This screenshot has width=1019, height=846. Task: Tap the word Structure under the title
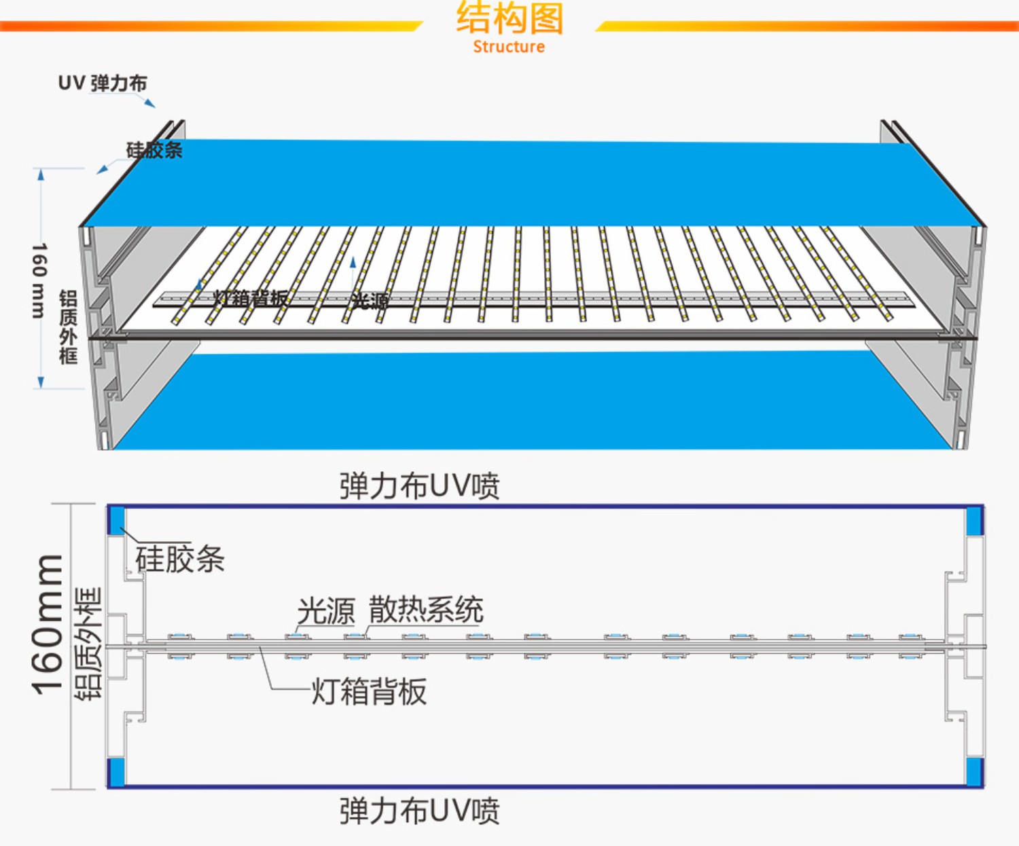tap(509, 47)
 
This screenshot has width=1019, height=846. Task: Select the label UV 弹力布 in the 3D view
tap(103, 84)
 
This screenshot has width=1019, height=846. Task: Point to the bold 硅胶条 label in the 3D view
tap(154, 150)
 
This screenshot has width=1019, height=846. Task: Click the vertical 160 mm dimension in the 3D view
tap(39, 280)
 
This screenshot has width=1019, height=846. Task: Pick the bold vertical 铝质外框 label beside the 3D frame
tap(68, 327)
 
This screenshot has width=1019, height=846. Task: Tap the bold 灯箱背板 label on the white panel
tap(251, 297)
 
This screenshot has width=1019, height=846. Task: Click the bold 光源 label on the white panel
tap(370, 301)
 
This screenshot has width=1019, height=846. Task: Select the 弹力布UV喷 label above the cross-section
tap(419, 486)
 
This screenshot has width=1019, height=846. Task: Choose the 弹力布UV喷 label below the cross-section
tap(419, 811)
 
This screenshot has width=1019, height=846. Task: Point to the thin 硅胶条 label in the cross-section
tap(180, 559)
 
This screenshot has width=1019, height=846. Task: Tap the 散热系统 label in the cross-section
tap(426, 609)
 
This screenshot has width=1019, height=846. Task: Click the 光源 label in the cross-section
tap(326, 610)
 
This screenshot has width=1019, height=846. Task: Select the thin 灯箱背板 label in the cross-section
tap(369, 692)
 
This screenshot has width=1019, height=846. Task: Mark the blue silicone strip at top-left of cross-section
tap(116, 519)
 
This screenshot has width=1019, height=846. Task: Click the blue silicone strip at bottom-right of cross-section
tap(975, 771)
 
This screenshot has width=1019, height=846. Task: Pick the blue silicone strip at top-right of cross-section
tap(975, 520)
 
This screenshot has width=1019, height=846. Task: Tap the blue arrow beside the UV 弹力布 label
tap(149, 103)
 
